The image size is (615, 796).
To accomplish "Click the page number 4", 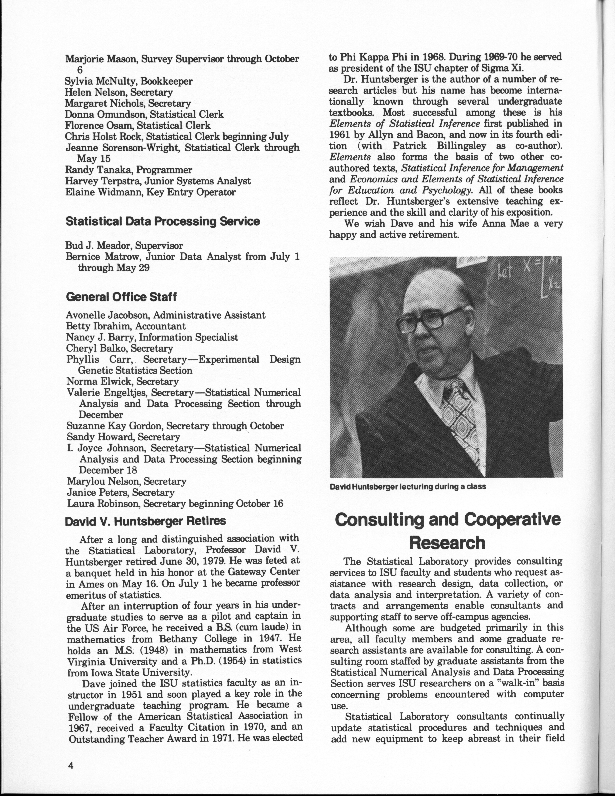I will click(x=70, y=765).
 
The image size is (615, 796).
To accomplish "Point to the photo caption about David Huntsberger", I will click(x=407, y=487).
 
